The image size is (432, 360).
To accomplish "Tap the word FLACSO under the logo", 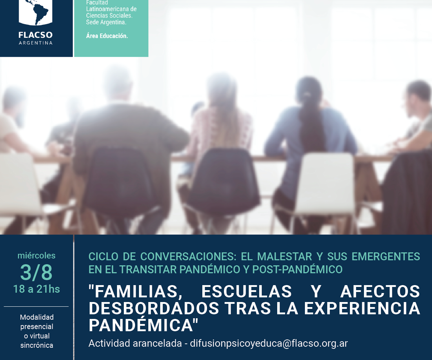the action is pos(36,35).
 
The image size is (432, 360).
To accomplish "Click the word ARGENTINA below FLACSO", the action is pos(36,43).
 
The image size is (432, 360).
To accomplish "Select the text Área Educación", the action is pos(107,36).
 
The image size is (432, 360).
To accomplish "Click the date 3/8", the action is pos(36,272).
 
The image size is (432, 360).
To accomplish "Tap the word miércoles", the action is pos(36,256).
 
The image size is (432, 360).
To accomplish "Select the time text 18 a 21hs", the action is pos(36,289).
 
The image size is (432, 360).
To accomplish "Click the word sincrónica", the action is pos(37,345).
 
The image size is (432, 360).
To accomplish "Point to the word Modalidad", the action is pos(37,317).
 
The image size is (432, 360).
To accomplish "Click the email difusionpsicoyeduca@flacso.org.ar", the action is pos(269,343).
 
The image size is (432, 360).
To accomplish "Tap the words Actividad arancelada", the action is pos(135,343).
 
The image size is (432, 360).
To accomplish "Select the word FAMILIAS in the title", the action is pos(136,292).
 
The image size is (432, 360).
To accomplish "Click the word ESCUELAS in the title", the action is pos(247,291).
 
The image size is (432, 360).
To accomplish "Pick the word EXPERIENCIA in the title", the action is pos(362,308).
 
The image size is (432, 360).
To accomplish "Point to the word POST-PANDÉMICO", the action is pos(297,269).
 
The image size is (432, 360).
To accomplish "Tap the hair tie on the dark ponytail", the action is pos(307,95).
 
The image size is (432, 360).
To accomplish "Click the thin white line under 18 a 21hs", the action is pos(36,306).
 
